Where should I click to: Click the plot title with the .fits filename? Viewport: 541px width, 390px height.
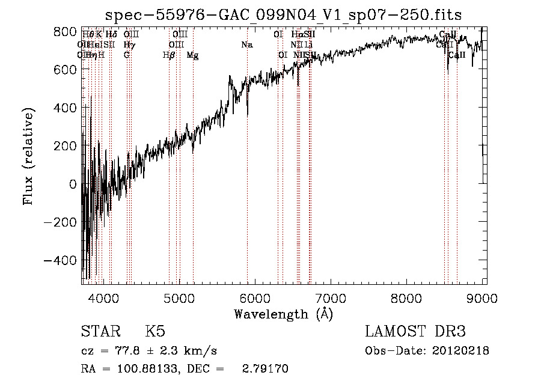283,14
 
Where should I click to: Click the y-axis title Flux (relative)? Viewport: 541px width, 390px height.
28,155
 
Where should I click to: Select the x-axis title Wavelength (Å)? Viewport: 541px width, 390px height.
283,314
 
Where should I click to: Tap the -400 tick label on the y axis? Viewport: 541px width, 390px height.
61,260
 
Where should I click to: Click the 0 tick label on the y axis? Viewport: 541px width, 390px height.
73,184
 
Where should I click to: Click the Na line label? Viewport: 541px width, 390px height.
247,44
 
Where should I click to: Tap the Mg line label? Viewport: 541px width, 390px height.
192,55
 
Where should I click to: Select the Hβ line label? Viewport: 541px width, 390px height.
169,55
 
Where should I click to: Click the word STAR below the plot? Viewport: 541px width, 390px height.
100,332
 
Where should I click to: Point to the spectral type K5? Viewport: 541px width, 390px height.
155,332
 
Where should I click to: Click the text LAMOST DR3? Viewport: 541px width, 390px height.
415,332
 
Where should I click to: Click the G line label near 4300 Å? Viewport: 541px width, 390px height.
127,55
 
